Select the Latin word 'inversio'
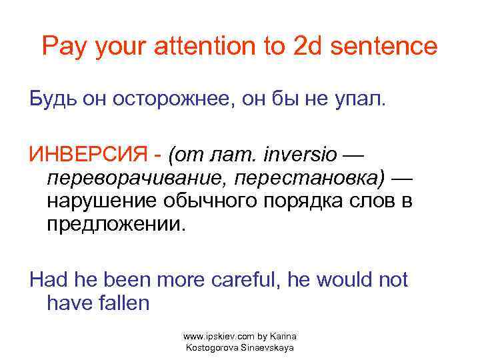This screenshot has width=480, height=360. point(303,156)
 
